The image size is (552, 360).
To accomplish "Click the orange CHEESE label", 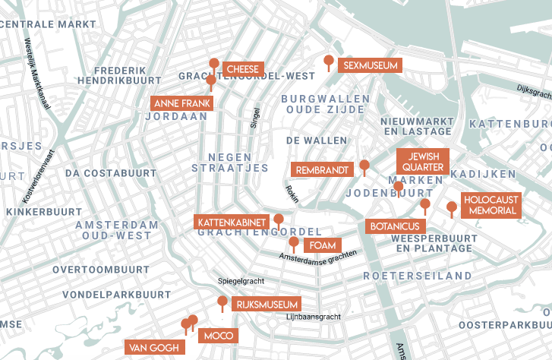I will (x=243, y=69).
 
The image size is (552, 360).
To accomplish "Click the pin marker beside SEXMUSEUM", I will (x=329, y=61).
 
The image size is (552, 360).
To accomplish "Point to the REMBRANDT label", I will (x=323, y=170).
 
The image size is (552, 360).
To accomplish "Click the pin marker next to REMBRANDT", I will (x=364, y=166).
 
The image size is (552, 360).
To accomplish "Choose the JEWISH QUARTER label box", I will (x=423, y=161).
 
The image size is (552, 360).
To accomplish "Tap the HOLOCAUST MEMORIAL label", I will (x=491, y=205).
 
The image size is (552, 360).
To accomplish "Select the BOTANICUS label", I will (x=396, y=226).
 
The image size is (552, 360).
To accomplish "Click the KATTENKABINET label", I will (x=232, y=223).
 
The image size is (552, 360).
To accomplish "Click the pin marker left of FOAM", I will (x=294, y=243).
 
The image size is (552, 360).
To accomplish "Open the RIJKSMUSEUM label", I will (x=266, y=305).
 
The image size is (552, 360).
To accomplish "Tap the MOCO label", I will (x=219, y=335).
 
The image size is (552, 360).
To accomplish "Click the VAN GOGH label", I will (x=155, y=348).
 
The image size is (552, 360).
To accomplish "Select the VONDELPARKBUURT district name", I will (x=117, y=294).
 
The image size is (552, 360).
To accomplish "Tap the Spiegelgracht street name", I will (x=240, y=280).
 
